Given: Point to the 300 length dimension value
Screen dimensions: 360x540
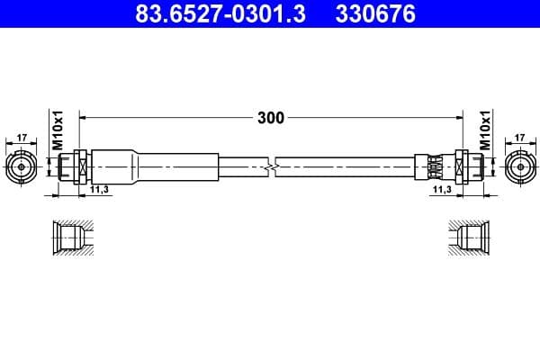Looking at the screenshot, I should pos(270,118).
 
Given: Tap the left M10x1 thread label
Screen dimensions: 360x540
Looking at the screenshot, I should pos(56,131).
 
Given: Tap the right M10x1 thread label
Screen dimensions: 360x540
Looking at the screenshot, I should pos(484,131).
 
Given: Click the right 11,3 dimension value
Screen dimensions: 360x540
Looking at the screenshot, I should pos(442,191).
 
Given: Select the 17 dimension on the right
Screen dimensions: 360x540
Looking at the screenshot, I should pos(520,139).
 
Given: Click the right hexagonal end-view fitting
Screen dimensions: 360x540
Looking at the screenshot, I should pos(520,166).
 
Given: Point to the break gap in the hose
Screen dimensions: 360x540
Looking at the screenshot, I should pos(273,166).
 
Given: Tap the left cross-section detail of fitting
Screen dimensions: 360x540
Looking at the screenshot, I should pos(71,239).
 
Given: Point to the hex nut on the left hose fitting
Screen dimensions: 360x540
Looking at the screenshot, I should pos(79,166).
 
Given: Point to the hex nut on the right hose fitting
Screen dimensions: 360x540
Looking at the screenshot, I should pos(461,166).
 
